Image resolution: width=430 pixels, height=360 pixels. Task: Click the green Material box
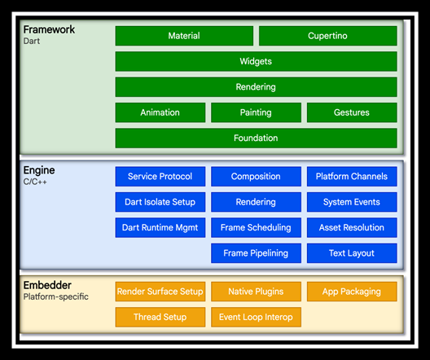[184, 36]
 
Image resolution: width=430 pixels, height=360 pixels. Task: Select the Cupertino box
[327, 36]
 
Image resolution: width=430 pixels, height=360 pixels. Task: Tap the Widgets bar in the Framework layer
[256, 61]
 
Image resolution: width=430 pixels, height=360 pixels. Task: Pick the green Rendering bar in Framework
[256, 87]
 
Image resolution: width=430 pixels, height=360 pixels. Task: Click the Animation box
[160, 112]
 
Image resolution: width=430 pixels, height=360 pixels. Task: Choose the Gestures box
[352, 112]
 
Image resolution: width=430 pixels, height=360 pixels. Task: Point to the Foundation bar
[256, 138]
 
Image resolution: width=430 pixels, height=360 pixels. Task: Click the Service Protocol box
[160, 176]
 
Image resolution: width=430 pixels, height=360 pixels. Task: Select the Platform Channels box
[352, 176]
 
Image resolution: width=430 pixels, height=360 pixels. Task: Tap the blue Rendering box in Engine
[256, 202]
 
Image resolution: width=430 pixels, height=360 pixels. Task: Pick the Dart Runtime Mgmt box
[160, 227]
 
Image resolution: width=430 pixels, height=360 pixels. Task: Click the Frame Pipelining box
[256, 253]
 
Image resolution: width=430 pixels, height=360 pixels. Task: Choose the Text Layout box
[352, 253]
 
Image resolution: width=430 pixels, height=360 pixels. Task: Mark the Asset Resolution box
[352, 227]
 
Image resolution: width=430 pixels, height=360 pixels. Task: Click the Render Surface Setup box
[160, 292]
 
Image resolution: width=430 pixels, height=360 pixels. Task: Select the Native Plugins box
[256, 292]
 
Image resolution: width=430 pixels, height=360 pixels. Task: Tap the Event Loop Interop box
[256, 317]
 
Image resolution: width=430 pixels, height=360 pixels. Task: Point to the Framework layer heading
[49, 29]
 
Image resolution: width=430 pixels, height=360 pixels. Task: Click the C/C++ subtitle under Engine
[35, 182]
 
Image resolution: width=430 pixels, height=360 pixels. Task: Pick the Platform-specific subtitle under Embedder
[56, 296]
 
